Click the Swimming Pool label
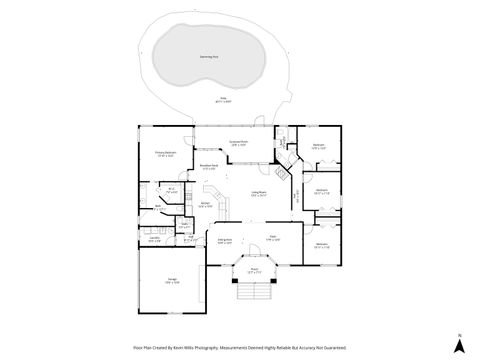point(210,58)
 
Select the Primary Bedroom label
point(164,154)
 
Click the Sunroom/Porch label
point(238,144)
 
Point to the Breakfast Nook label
point(208,167)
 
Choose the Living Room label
point(259,194)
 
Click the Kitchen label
point(204,206)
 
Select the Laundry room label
point(154,240)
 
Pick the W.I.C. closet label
point(172,191)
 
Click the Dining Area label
point(226,241)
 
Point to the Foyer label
point(272,238)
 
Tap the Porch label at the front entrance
point(253,271)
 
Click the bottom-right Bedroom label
point(322,245)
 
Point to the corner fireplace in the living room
point(283,171)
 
